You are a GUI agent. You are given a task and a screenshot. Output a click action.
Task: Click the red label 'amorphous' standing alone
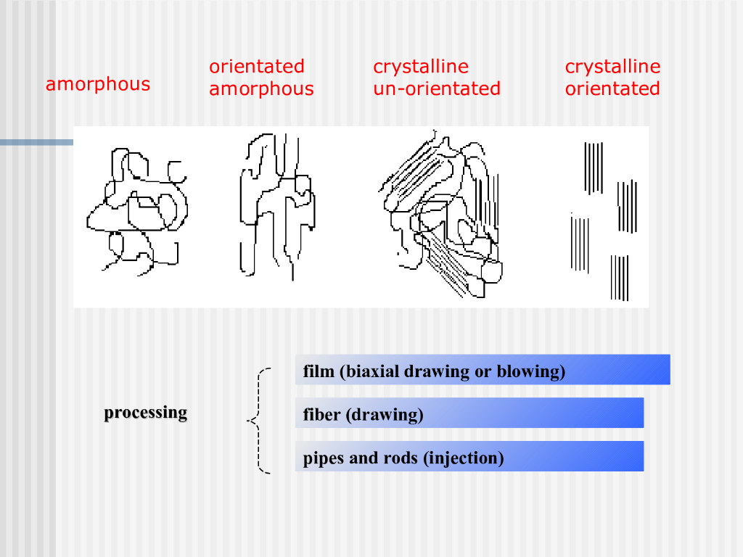[x=98, y=84]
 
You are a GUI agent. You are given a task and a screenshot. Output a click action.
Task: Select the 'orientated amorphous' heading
[x=261, y=78]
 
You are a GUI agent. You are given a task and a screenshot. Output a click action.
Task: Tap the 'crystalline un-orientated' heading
[x=437, y=78]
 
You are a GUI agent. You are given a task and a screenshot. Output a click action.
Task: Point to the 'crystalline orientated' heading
[x=612, y=78]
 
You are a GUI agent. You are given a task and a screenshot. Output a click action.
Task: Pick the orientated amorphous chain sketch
[x=276, y=207]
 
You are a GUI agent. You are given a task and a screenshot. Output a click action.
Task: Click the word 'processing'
[x=145, y=413]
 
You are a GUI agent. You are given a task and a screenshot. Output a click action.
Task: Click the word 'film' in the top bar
[x=318, y=371]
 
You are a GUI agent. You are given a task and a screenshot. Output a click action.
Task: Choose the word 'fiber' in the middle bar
[x=321, y=415]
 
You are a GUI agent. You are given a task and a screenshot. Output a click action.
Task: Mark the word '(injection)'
[x=464, y=458]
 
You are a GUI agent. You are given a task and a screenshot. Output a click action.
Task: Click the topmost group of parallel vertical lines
[x=594, y=168]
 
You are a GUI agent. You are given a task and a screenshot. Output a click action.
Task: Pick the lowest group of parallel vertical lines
[x=620, y=277]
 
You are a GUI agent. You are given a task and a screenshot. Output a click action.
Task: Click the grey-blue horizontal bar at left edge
[x=36, y=142]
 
